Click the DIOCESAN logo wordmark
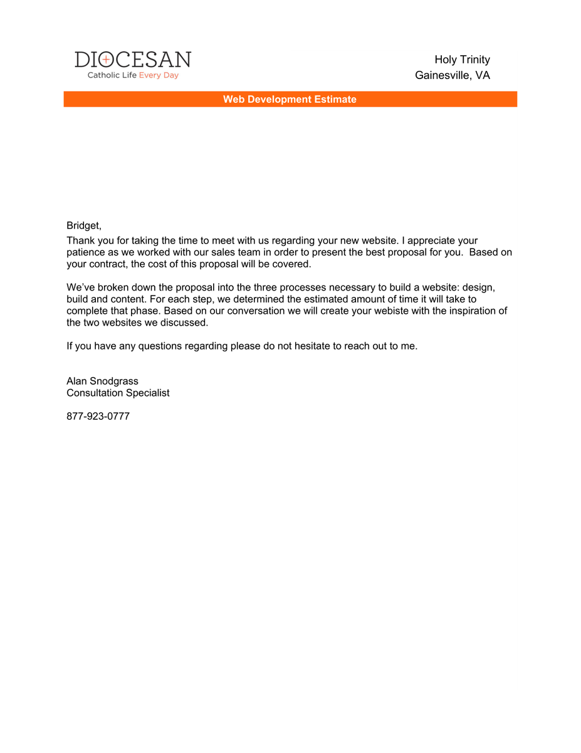tap(133, 60)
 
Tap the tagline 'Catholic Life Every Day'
tap(133, 75)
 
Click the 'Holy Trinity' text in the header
tap(462, 60)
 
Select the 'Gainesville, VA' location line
tap(452, 75)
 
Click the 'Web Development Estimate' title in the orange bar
tap(290, 99)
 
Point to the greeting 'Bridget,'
tap(84, 225)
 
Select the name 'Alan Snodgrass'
tap(102, 381)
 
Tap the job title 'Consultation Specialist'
tap(118, 393)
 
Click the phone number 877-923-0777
tap(98, 416)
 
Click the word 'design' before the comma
tap(478, 287)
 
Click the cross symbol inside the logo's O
tap(106, 60)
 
